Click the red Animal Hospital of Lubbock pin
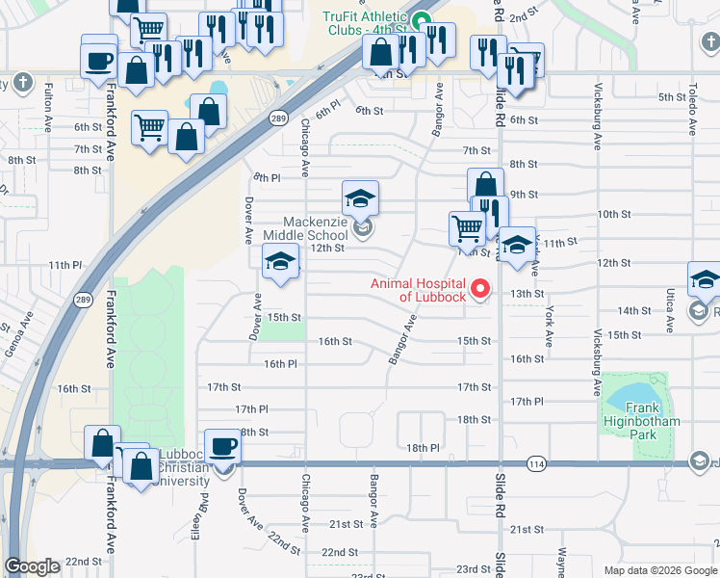tap(478, 289)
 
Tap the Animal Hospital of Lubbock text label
tap(419, 289)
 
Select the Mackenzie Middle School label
tap(315, 229)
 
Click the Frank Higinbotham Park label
tap(641, 421)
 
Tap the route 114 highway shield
tap(534, 464)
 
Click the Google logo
tap(33, 566)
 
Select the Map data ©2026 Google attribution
tap(659, 570)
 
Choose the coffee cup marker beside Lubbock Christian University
tap(223, 449)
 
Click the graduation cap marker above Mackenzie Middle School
tap(360, 198)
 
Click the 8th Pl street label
tap(267, 178)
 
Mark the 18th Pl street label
tap(422, 448)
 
